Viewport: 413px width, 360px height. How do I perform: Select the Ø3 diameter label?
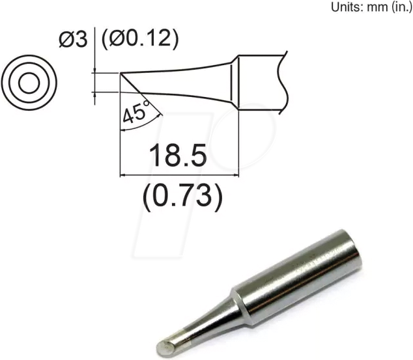72,40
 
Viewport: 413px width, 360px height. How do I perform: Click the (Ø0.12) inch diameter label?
139,40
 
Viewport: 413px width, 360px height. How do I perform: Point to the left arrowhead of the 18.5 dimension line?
124,175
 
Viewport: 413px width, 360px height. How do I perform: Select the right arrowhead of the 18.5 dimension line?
236,175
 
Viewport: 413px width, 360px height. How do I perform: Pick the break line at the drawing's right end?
282,81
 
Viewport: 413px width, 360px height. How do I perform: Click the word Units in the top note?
349,7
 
